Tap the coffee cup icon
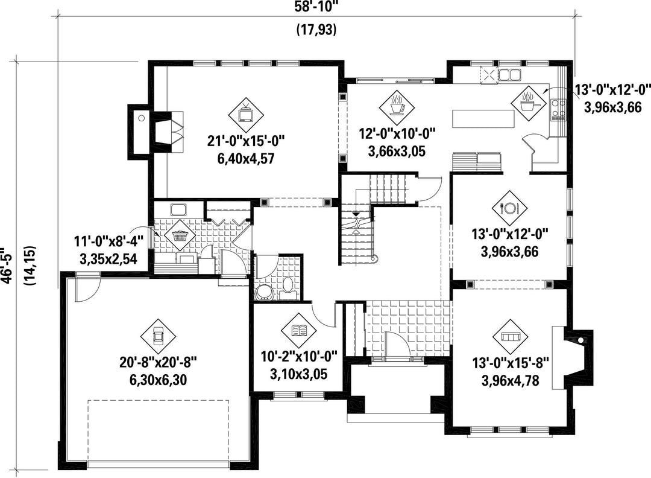[x=397, y=106]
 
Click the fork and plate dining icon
[x=510, y=208]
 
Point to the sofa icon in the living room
[x=510, y=336]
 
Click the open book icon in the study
[x=300, y=331]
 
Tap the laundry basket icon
[x=180, y=235]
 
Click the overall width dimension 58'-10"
[x=317, y=6]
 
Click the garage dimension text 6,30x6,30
[x=158, y=380]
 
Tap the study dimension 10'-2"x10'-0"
[x=299, y=356]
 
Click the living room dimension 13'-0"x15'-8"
[x=511, y=363]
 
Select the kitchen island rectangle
[x=483, y=119]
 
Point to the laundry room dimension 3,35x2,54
[x=108, y=260]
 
